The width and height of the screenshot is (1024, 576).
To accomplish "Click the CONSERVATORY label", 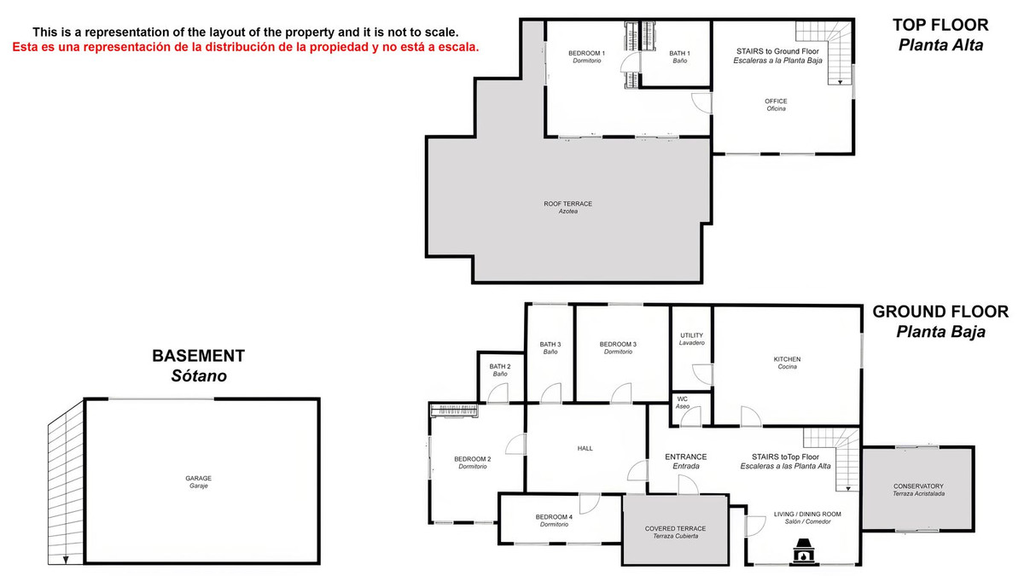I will point(918,490).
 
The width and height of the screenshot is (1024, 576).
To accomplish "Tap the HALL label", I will point(585,448).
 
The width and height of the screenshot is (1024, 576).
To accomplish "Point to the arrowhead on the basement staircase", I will point(65,558).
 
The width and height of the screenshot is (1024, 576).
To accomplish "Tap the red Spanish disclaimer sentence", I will point(246,47).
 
